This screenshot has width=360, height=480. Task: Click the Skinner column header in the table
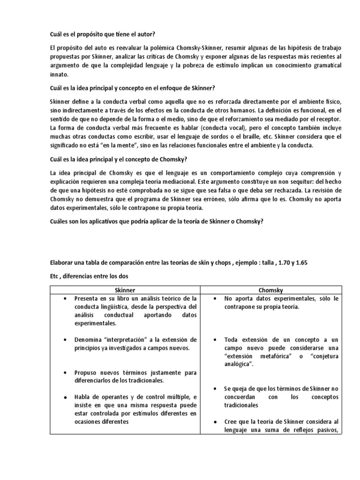point(126,290)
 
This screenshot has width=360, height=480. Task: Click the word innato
point(59,74)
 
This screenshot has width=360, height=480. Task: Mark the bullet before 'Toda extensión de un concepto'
point(214,339)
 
